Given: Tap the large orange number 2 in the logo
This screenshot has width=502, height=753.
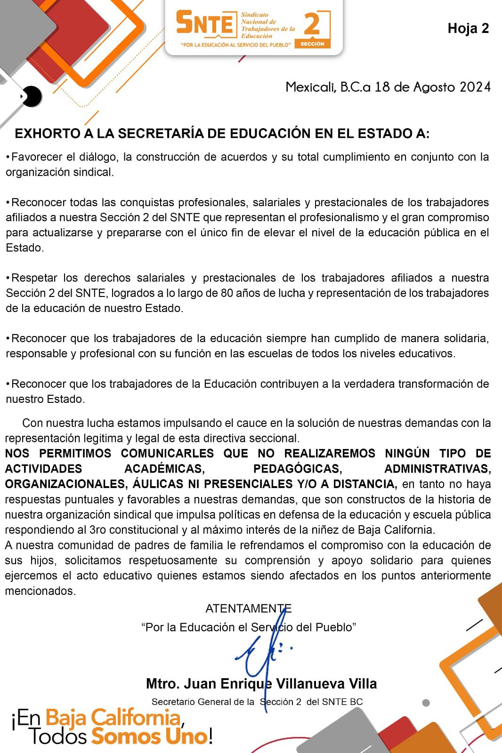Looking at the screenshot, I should tap(312, 24).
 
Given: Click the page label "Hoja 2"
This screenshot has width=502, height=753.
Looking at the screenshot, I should tap(468, 29).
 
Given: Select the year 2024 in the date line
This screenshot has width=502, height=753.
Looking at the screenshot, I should tap(475, 87).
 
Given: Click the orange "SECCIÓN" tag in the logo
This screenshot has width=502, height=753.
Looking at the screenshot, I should tap(312, 44).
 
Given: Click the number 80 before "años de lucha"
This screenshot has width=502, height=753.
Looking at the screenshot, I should tap(227, 293).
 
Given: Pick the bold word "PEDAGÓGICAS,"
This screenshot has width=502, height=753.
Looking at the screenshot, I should tap(298, 469).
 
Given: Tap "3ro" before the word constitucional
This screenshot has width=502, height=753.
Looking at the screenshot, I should tap(98, 530).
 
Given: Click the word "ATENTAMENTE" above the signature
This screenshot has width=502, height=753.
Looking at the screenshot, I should tap(248, 609).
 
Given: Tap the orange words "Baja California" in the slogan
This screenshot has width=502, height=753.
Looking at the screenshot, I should tap(113, 718).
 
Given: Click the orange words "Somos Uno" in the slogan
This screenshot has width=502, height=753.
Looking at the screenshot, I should tap(149, 736).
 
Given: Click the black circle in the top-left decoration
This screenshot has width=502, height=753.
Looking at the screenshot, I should tap(32, 96).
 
